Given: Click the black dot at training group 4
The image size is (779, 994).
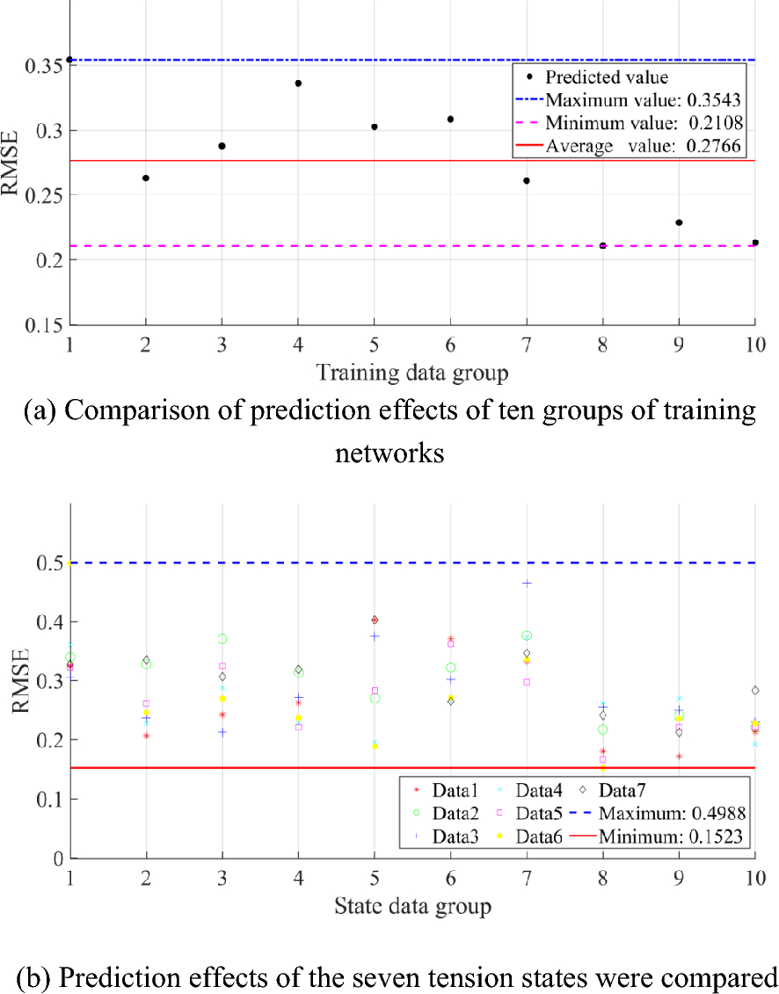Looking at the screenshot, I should pyautogui.click(x=298, y=83).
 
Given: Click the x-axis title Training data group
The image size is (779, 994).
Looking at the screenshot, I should pyautogui.click(x=412, y=373).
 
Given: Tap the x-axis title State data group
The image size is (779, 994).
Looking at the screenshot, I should pyautogui.click(x=411, y=905).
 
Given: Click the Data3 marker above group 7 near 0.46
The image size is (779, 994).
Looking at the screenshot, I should pyautogui.click(x=527, y=584).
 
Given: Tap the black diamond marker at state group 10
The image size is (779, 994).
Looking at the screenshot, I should pyautogui.click(x=754, y=690).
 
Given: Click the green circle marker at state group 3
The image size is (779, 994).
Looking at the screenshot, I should pyautogui.click(x=222, y=639).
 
